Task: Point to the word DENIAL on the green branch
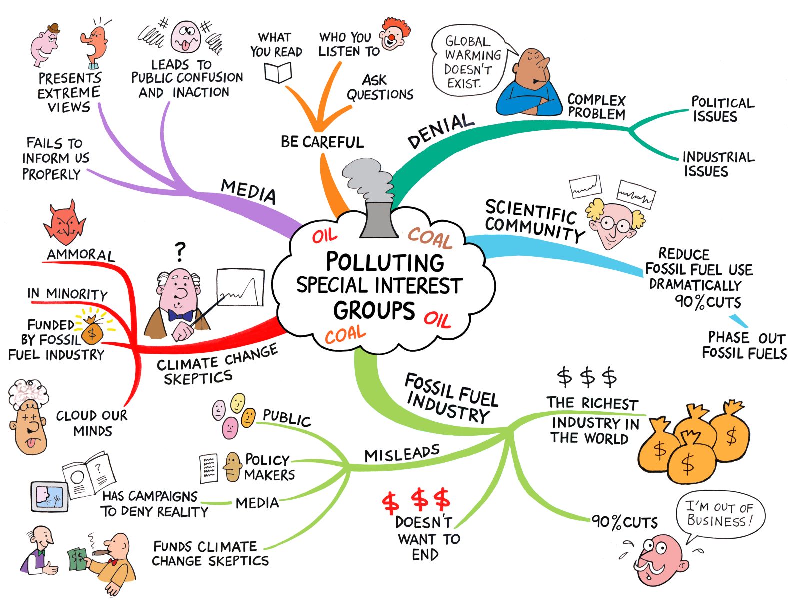[440, 131]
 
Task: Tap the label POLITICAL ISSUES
[722, 109]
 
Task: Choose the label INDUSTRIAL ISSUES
[718, 164]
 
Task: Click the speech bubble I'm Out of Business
[720, 514]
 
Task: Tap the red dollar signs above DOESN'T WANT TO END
[416, 500]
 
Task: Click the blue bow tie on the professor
[180, 316]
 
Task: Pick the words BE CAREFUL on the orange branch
[322, 142]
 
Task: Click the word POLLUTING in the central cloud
[385, 262]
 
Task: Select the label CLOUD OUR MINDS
[92, 423]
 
